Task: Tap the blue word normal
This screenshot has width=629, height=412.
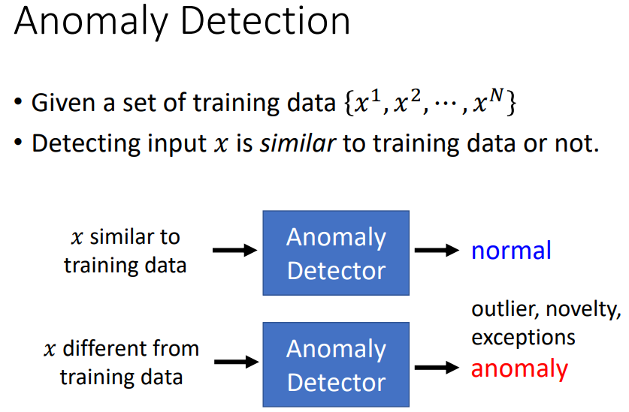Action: tap(511, 251)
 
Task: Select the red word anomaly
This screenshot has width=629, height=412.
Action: tap(519, 368)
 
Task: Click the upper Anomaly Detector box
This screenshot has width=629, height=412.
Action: tap(335, 253)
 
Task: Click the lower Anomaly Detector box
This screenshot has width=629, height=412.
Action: tap(335, 365)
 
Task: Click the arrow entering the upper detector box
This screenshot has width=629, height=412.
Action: tap(234, 251)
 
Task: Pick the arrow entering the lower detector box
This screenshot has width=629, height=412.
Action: tap(234, 362)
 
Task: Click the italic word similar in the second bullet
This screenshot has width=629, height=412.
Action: tap(297, 143)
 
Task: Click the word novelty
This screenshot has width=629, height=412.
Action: tap(583, 309)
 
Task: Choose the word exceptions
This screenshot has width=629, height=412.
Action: tap(523, 337)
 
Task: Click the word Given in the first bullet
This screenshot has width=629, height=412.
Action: tap(63, 103)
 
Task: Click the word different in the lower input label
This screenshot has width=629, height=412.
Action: tap(104, 348)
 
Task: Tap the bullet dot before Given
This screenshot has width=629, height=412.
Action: tap(18, 103)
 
